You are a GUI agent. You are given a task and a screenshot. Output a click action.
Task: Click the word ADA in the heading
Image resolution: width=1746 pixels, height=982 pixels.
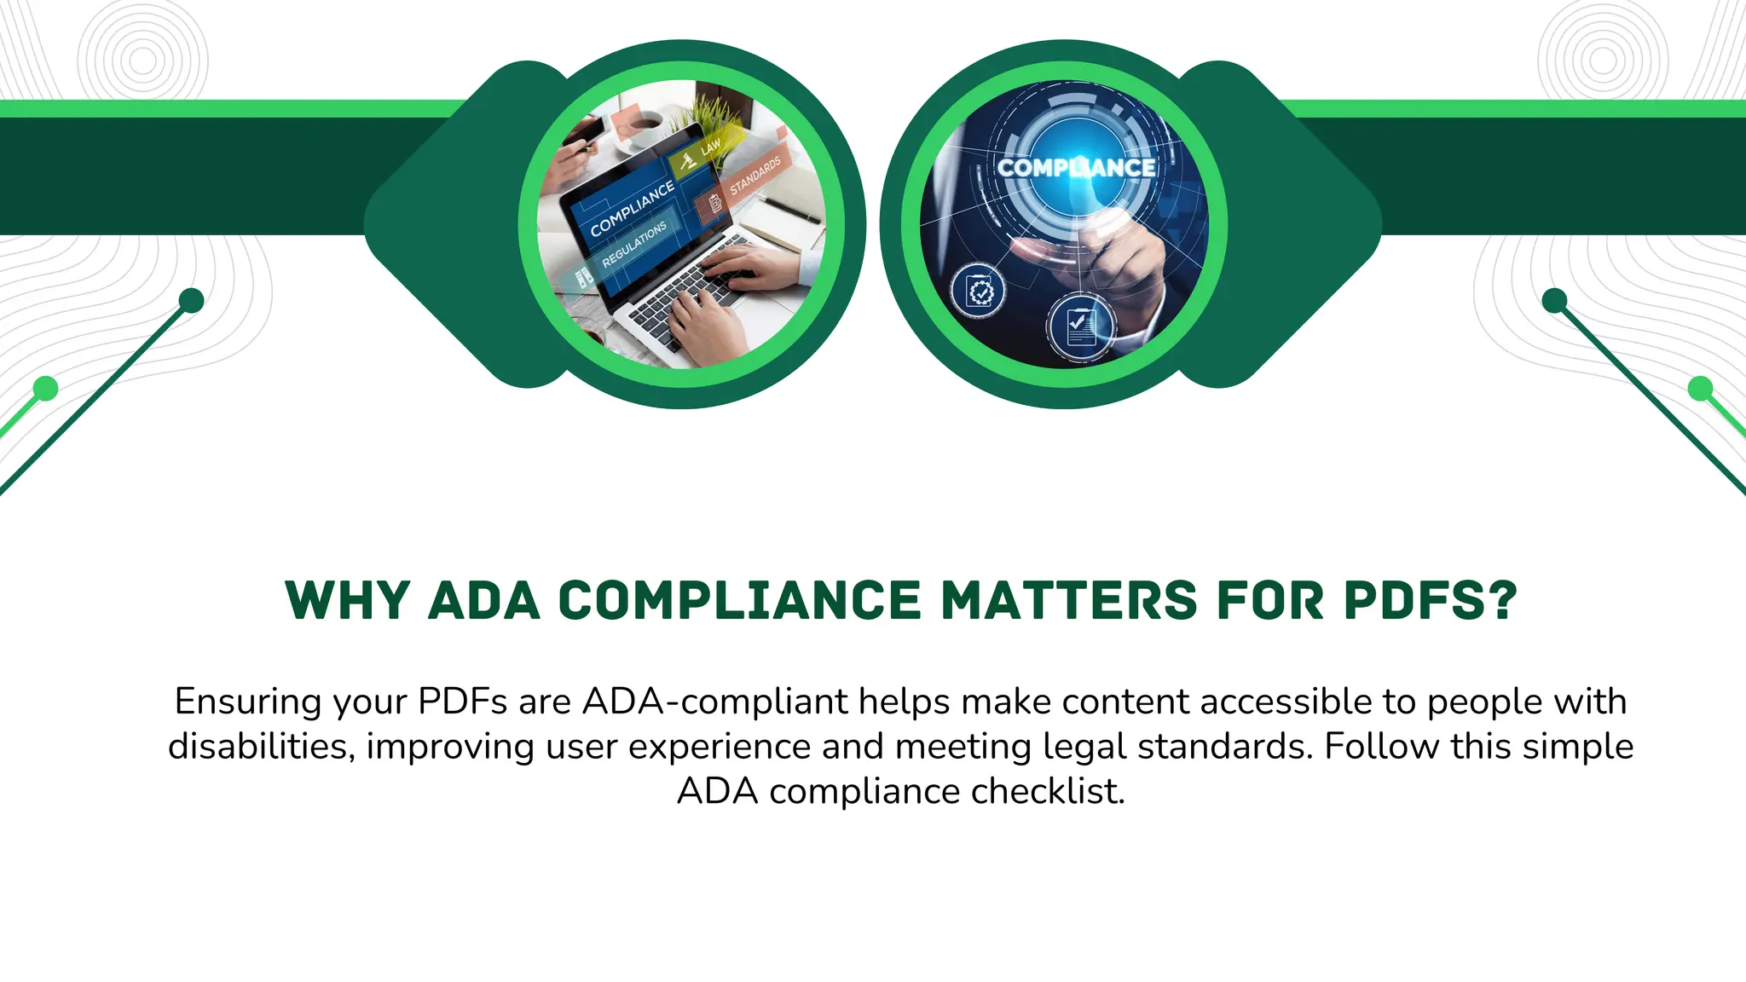483,600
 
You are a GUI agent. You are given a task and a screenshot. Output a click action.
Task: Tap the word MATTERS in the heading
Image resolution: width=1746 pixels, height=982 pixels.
1070,600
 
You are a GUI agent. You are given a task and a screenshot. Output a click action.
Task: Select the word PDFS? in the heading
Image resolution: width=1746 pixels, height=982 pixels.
1431,600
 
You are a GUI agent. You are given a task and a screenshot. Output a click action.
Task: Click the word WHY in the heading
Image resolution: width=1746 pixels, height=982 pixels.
348,600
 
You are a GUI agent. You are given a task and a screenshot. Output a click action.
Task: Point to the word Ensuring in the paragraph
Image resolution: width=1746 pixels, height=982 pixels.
247,702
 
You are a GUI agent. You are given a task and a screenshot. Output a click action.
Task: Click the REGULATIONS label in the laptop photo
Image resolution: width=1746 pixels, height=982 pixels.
634,245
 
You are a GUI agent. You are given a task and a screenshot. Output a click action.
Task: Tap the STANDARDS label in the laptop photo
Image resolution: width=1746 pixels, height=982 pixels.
754,176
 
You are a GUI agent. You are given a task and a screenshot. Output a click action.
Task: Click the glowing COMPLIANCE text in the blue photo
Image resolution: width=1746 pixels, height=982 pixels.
1076,168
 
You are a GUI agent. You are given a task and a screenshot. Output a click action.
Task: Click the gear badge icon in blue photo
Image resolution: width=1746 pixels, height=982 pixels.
980,292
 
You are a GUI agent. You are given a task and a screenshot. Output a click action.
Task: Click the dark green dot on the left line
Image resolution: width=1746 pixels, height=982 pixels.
192,301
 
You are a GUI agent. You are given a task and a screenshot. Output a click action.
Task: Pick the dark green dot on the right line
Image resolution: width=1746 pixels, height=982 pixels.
1555,301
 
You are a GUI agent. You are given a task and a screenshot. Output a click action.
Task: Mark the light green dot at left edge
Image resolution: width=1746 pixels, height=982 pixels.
45,389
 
